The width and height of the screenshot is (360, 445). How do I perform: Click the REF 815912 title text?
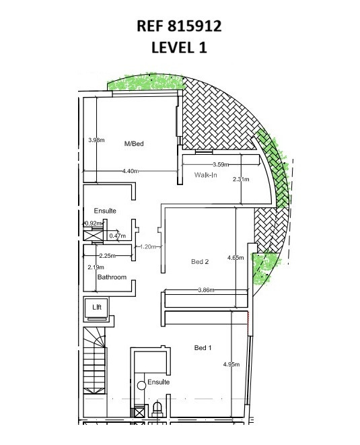click(x=179, y=26)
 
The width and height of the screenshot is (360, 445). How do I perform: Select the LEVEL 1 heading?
click(x=179, y=47)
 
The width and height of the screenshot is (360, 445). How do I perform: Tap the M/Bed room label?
click(x=134, y=143)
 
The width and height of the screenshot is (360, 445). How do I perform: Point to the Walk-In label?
click(x=205, y=175)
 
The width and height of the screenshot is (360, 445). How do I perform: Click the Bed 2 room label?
click(x=200, y=261)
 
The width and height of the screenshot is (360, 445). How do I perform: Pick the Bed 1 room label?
click(x=203, y=347)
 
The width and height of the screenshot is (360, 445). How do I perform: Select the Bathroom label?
click(x=112, y=277)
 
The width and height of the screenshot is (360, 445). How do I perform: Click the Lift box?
click(x=96, y=309)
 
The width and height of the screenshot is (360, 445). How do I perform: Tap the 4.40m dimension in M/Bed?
click(x=131, y=171)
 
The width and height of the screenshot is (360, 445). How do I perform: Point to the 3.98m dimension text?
click(x=96, y=140)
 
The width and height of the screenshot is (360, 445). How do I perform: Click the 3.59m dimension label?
click(x=221, y=164)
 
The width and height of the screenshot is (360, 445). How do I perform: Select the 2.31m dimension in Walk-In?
click(x=241, y=179)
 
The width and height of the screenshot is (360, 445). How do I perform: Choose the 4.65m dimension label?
click(x=236, y=258)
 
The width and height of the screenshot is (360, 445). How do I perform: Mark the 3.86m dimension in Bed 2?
click(x=206, y=289)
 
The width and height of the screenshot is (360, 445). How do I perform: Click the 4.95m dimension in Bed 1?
click(x=231, y=364)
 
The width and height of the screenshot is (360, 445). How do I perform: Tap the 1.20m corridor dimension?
click(x=148, y=246)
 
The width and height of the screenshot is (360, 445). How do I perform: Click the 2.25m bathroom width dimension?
click(x=107, y=256)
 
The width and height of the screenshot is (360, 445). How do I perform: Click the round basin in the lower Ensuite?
click(x=141, y=385)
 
